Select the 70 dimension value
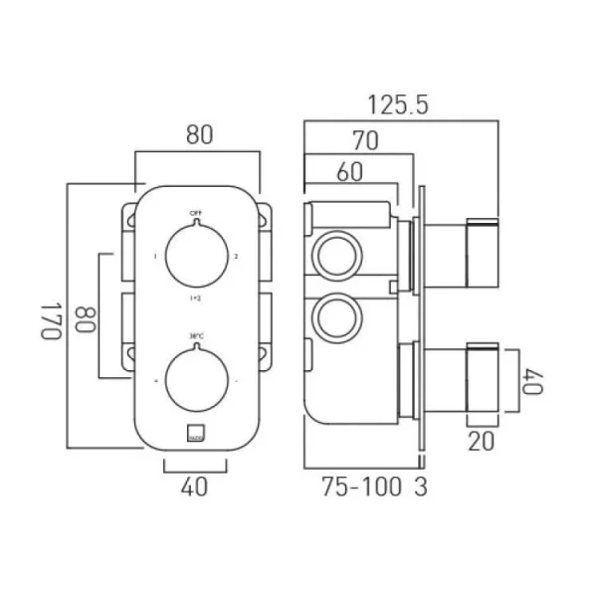coord(365,141)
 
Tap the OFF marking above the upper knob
coord(195,213)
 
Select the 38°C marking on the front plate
coord(195,335)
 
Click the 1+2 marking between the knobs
coord(195,298)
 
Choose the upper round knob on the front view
coord(195,256)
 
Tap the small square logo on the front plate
coord(195,433)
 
